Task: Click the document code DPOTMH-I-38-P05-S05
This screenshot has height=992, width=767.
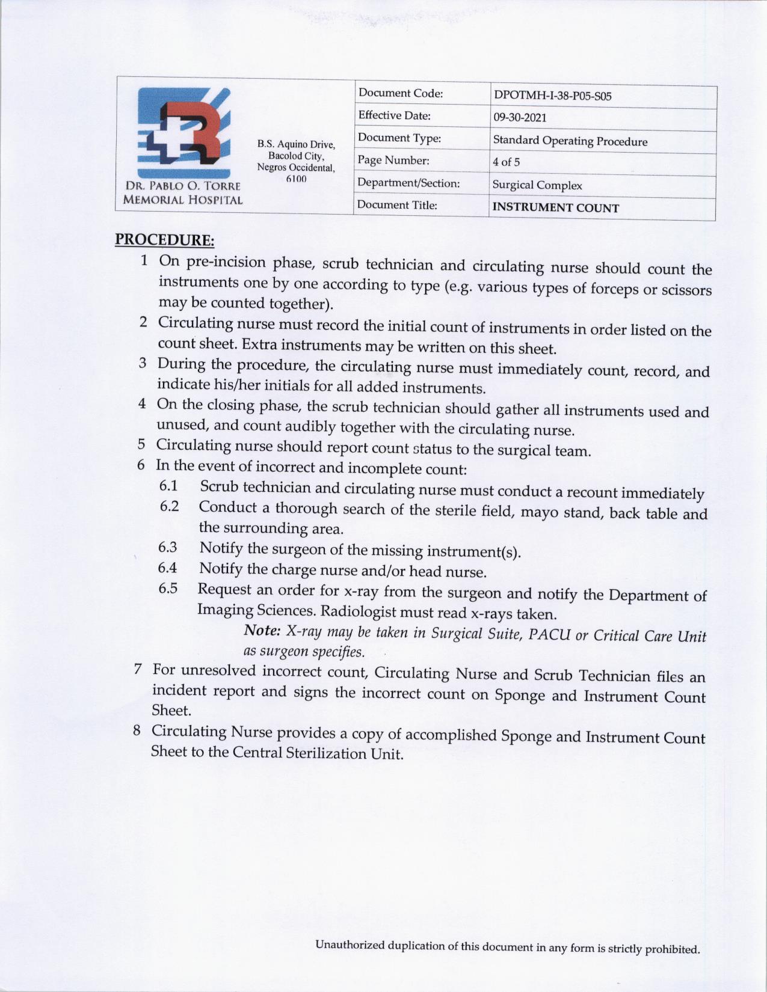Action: click(x=552, y=96)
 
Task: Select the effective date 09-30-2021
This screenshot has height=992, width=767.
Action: click(x=520, y=118)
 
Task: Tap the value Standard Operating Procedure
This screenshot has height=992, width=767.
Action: click(x=570, y=141)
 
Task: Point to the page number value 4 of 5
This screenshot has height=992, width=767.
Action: click(x=506, y=162)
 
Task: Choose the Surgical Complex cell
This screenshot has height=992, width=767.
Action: click(x=537, y=185)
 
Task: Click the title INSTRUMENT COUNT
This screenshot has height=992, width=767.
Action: click(x=555, y=208)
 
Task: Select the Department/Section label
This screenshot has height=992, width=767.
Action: click(x=408, y=183)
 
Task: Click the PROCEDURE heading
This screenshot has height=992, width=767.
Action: click(x=164, y=240)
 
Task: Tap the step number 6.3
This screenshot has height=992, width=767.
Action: click(x=168, y=547)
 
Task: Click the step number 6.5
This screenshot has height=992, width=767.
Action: click(x=168, y=588)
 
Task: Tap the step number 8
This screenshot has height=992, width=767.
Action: click(x=137, y=730)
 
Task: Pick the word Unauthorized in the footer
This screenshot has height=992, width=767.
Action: click(x=350, y=945)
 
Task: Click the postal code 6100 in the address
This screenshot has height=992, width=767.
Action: click(x=296, y=179)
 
